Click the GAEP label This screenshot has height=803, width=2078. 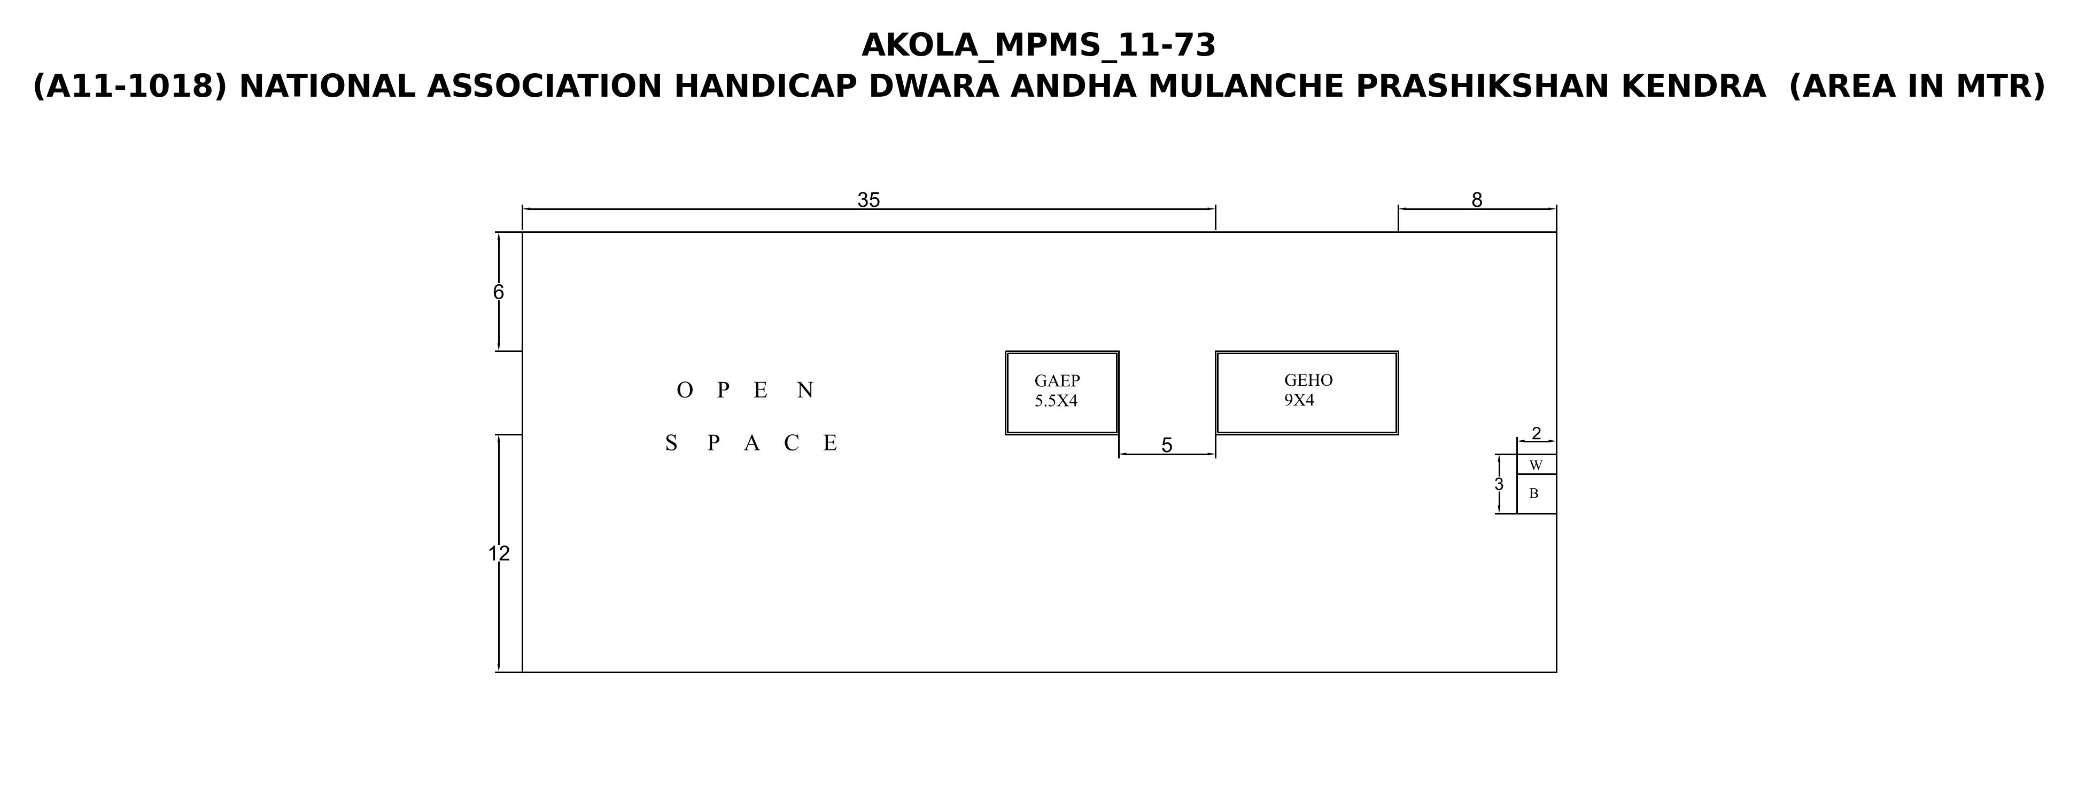pos(1057,380)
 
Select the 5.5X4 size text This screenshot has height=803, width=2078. pos(1056,401)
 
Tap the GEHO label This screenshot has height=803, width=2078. pos(1308,380)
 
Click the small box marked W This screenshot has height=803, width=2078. pos(1536,464)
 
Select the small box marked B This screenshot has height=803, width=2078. pos(1536,494)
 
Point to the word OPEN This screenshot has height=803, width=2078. pos(746,390)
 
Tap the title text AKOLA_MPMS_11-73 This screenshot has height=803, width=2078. pos(1038,45)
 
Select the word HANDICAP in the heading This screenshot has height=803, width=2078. pos(765,86)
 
